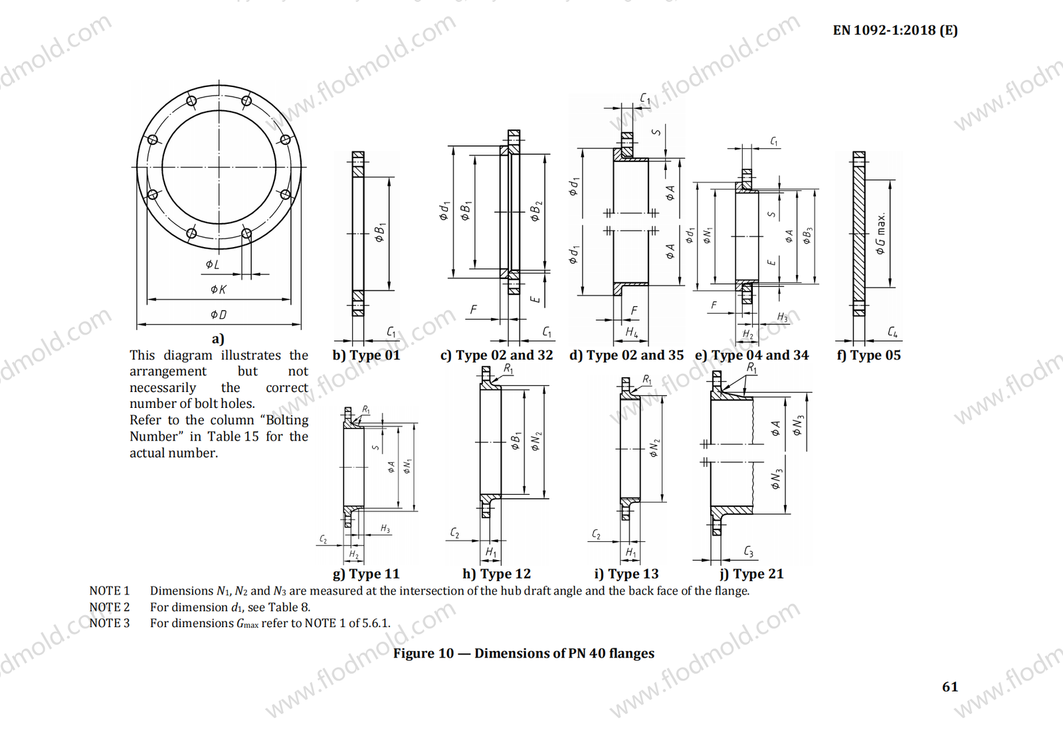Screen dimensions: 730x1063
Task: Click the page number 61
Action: pos(950,687)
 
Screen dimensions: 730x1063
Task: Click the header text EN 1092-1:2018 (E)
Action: pos(895,30)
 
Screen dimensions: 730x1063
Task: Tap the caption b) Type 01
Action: pos(366,355)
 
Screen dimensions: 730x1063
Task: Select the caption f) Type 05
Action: pos(868,355)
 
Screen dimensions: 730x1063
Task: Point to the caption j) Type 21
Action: pos(751,574)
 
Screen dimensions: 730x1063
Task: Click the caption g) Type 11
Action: pos(366,574)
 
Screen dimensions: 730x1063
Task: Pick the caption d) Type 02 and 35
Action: pos(626,355)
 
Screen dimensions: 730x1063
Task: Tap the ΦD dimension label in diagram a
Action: pos(219,314)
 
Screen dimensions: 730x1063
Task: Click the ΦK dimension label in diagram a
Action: pos(219,289)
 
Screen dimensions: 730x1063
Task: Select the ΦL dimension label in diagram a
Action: pos(213,264)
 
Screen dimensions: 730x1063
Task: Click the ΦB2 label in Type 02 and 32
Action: pos(535,211)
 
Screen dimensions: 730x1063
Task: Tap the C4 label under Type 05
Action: pos(893,331)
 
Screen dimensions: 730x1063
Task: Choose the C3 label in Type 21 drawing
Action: pos(749,551)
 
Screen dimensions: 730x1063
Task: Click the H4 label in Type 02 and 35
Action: pos(631,331)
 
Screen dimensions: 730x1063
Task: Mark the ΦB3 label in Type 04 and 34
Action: pos(807,236)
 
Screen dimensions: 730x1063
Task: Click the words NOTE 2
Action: pos(110,607)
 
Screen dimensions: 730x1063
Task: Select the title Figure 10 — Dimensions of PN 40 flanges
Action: pos(524,654)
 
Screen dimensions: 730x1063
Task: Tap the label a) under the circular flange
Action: pos(218,339)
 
